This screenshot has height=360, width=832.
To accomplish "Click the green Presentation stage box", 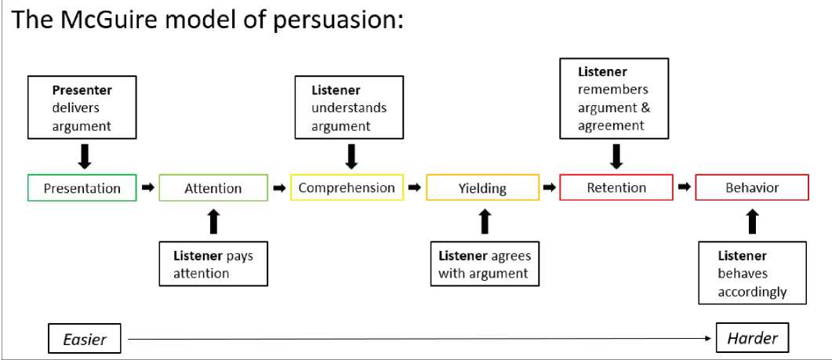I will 82,188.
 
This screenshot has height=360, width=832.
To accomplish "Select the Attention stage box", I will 213,188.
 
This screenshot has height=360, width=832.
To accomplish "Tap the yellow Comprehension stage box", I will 347,188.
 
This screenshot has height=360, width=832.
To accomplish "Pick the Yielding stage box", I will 483,188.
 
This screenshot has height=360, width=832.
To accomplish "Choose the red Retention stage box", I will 616,188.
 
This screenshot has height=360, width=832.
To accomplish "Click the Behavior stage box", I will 752,188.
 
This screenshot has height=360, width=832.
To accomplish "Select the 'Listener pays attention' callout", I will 214,264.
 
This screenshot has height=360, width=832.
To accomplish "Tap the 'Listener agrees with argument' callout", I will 484,264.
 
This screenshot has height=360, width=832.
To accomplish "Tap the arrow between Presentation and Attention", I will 147,188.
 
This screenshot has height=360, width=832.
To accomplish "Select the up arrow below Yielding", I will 484,221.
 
